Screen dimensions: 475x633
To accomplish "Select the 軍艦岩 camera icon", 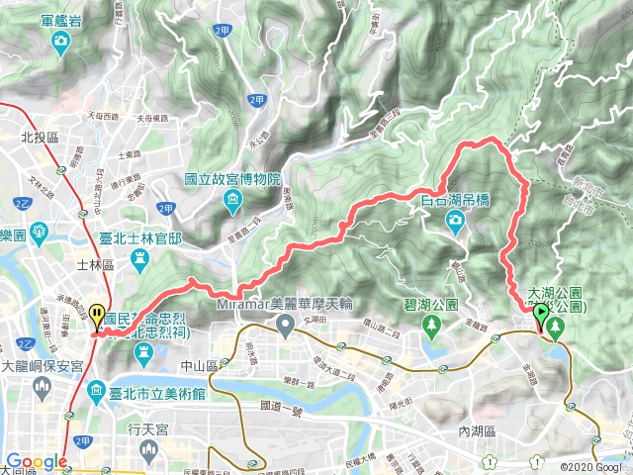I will point(61,41).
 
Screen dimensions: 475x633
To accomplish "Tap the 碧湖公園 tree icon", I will point(432,326).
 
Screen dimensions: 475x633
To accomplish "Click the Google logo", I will point(37,462).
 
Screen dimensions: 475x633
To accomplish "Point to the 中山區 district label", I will point(168,365).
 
